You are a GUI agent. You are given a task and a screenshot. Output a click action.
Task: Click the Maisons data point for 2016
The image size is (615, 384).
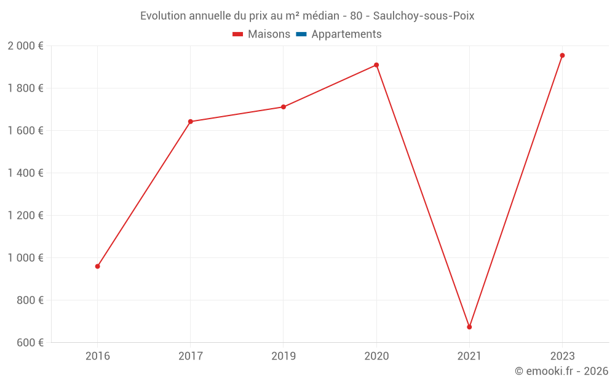97,267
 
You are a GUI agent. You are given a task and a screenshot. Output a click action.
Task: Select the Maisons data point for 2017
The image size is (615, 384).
190,122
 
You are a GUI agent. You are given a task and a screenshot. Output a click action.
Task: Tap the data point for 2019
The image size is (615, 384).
284,107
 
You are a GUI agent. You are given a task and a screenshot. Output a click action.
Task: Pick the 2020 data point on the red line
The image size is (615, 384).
376,65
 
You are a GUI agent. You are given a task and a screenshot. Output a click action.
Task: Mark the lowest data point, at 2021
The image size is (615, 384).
469,327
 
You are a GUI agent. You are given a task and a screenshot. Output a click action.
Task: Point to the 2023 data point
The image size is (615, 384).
562,55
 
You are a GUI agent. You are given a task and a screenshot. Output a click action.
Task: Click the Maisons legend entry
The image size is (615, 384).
269,34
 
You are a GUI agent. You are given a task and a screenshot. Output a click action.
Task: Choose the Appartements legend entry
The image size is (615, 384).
346,34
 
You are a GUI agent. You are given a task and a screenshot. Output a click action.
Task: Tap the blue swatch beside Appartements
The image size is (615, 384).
301,34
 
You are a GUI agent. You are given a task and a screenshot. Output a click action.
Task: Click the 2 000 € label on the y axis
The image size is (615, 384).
25,46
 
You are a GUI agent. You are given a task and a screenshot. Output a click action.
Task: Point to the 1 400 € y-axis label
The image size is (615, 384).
25,173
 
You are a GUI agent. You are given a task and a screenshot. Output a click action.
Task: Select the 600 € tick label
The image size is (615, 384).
29,343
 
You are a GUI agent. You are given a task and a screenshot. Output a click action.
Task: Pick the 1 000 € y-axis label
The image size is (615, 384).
25,258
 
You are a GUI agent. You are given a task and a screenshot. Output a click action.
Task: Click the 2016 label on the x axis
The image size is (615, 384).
97,356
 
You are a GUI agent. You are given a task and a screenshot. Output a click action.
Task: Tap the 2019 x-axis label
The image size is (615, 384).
284,356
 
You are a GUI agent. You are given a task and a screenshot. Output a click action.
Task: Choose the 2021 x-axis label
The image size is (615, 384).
469,356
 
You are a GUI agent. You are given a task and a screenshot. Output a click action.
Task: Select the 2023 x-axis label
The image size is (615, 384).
562,356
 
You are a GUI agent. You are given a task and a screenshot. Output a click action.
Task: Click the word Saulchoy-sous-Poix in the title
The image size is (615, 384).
424,16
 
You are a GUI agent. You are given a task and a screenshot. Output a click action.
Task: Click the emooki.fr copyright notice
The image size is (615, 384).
561,371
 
